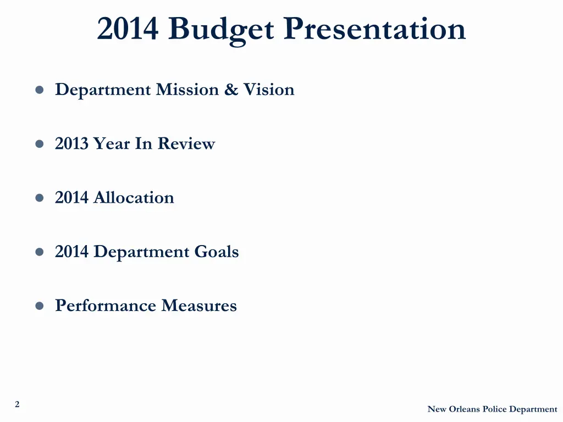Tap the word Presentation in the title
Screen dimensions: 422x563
[374, 29]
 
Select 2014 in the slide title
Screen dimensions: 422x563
[129, 29]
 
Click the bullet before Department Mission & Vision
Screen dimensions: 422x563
[40, 90]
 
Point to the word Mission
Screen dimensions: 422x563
[187, 90]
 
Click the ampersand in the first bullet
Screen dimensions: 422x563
[231, 90]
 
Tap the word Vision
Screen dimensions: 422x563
[269, 90]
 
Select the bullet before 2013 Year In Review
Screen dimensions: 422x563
[40, 144]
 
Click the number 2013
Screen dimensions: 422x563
[71, 144]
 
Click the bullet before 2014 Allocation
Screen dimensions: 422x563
[40, 198]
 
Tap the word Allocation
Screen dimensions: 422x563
[134, 198]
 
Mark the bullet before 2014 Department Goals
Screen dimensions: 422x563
[40, 252]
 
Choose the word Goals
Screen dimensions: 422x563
[217, 252]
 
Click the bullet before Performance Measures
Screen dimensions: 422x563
[40, 306]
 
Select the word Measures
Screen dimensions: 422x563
[199, 306]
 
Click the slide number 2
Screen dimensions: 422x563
[17, 404]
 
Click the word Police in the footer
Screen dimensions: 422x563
[495, 409]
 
